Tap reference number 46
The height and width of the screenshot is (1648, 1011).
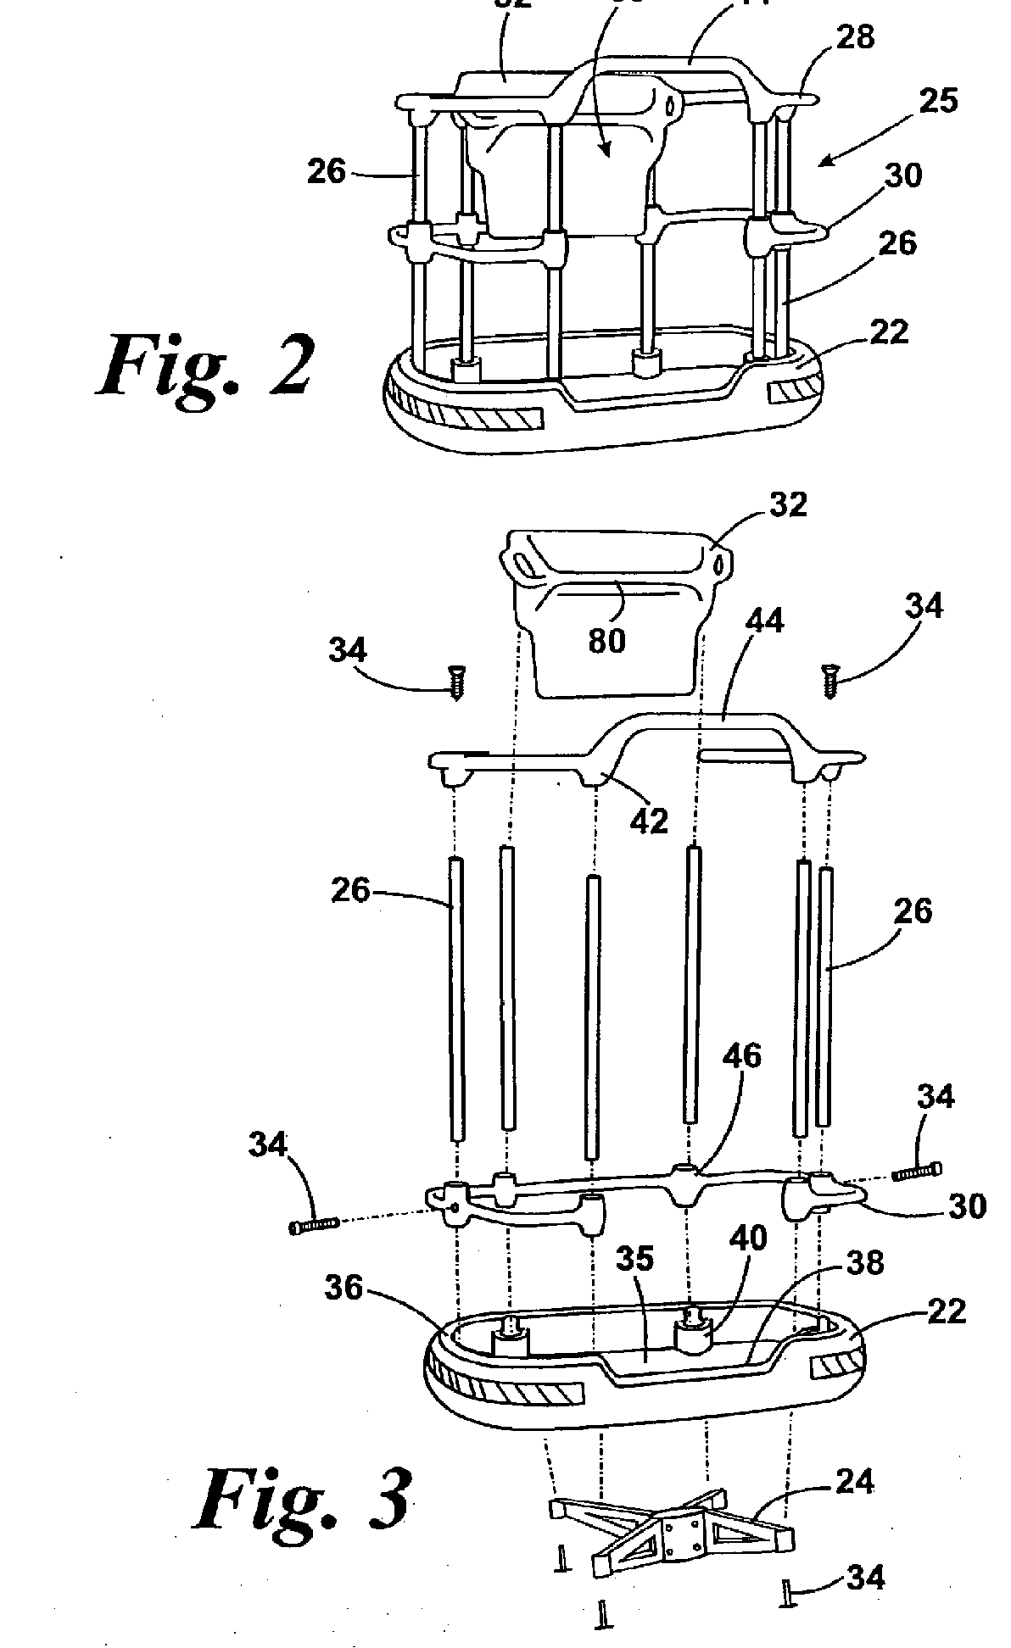click(742, 1056)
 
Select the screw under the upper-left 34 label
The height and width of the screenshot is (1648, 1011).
click(458, 682)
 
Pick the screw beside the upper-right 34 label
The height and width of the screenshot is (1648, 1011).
click(829, 681)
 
